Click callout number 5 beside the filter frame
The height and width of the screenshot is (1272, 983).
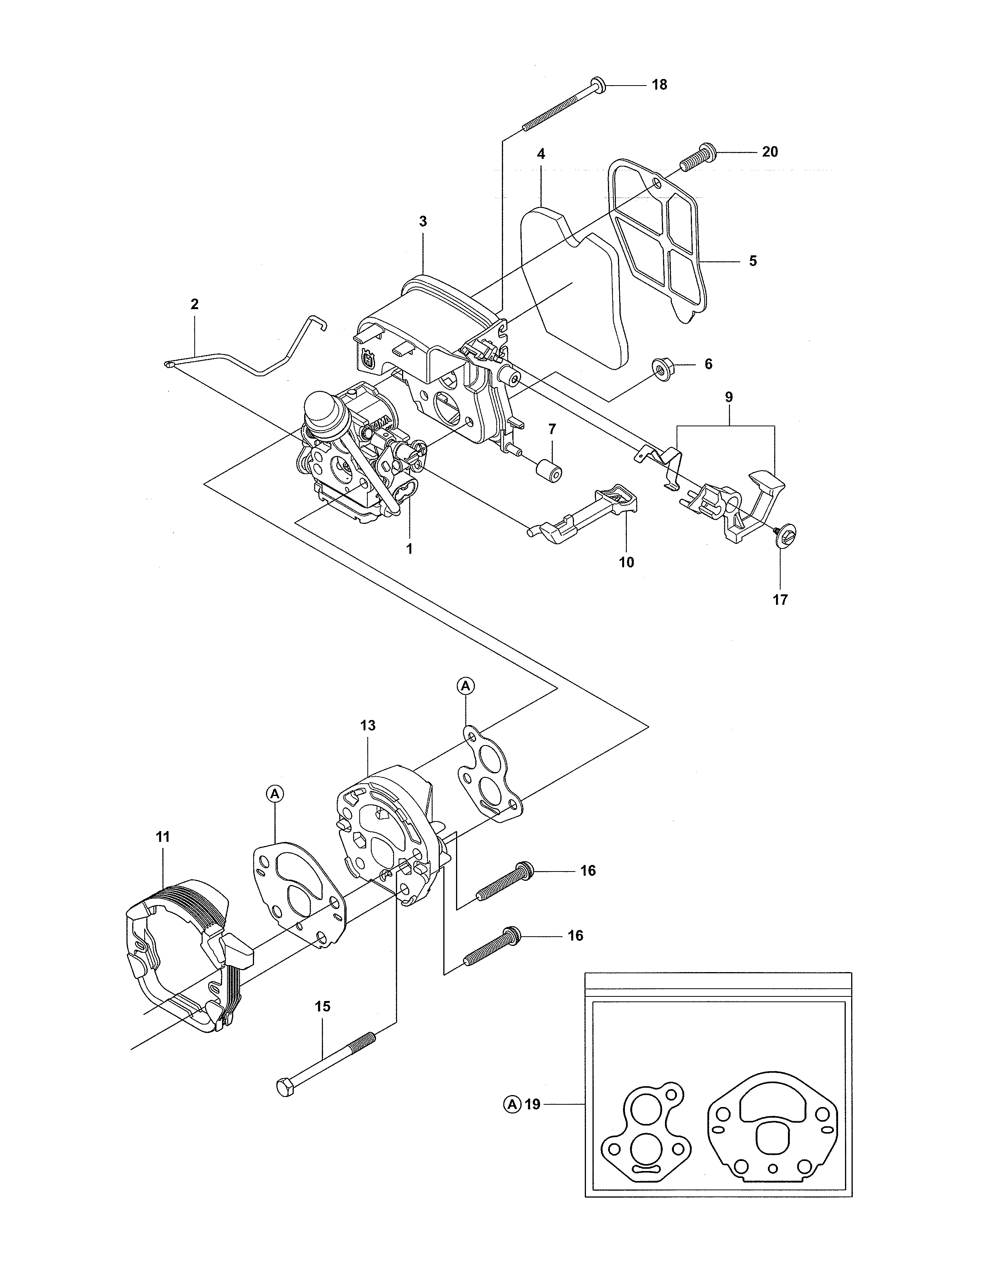click(752, 261)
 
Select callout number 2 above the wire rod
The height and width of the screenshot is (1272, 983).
click(195, 304)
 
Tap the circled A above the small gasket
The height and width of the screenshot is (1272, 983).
click(465, 686)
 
